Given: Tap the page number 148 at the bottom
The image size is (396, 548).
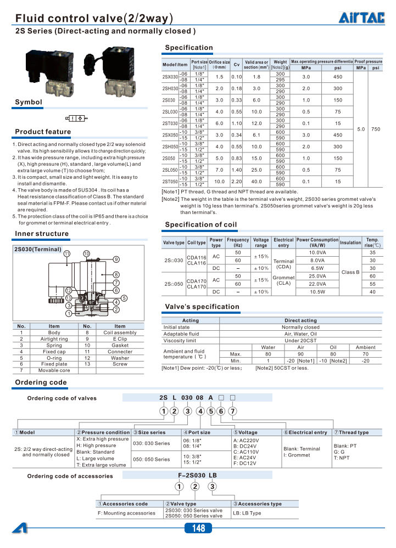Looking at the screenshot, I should [x=198, y=528].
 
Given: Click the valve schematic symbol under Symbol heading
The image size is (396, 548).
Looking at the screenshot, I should [x=75, y=118].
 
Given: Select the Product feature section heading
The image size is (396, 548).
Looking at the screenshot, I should [x=43, y=132].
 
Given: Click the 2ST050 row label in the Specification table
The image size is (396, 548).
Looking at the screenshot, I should [x=170, y=181].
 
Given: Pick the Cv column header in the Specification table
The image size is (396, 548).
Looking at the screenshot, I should [x=237, y=64].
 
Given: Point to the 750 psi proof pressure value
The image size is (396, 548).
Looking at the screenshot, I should [x=376, y=129].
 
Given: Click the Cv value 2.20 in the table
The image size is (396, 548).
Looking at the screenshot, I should [x=237, y=181].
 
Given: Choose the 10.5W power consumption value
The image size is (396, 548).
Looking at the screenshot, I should [x=317, y=292].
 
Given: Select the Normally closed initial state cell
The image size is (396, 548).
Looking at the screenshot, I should [x=300, y=327].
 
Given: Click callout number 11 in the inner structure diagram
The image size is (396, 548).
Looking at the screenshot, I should [x=67, y=253].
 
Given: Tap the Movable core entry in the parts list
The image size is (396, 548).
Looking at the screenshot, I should [x=54, y=370].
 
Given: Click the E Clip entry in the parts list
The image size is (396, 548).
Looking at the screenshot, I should [x=120, y=339].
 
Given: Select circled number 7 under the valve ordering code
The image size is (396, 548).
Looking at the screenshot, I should [x=233, y=411].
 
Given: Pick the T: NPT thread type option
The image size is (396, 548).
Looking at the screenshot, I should [x=342, y=457].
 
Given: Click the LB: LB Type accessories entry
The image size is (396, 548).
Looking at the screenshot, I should [x=247, y=513].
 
